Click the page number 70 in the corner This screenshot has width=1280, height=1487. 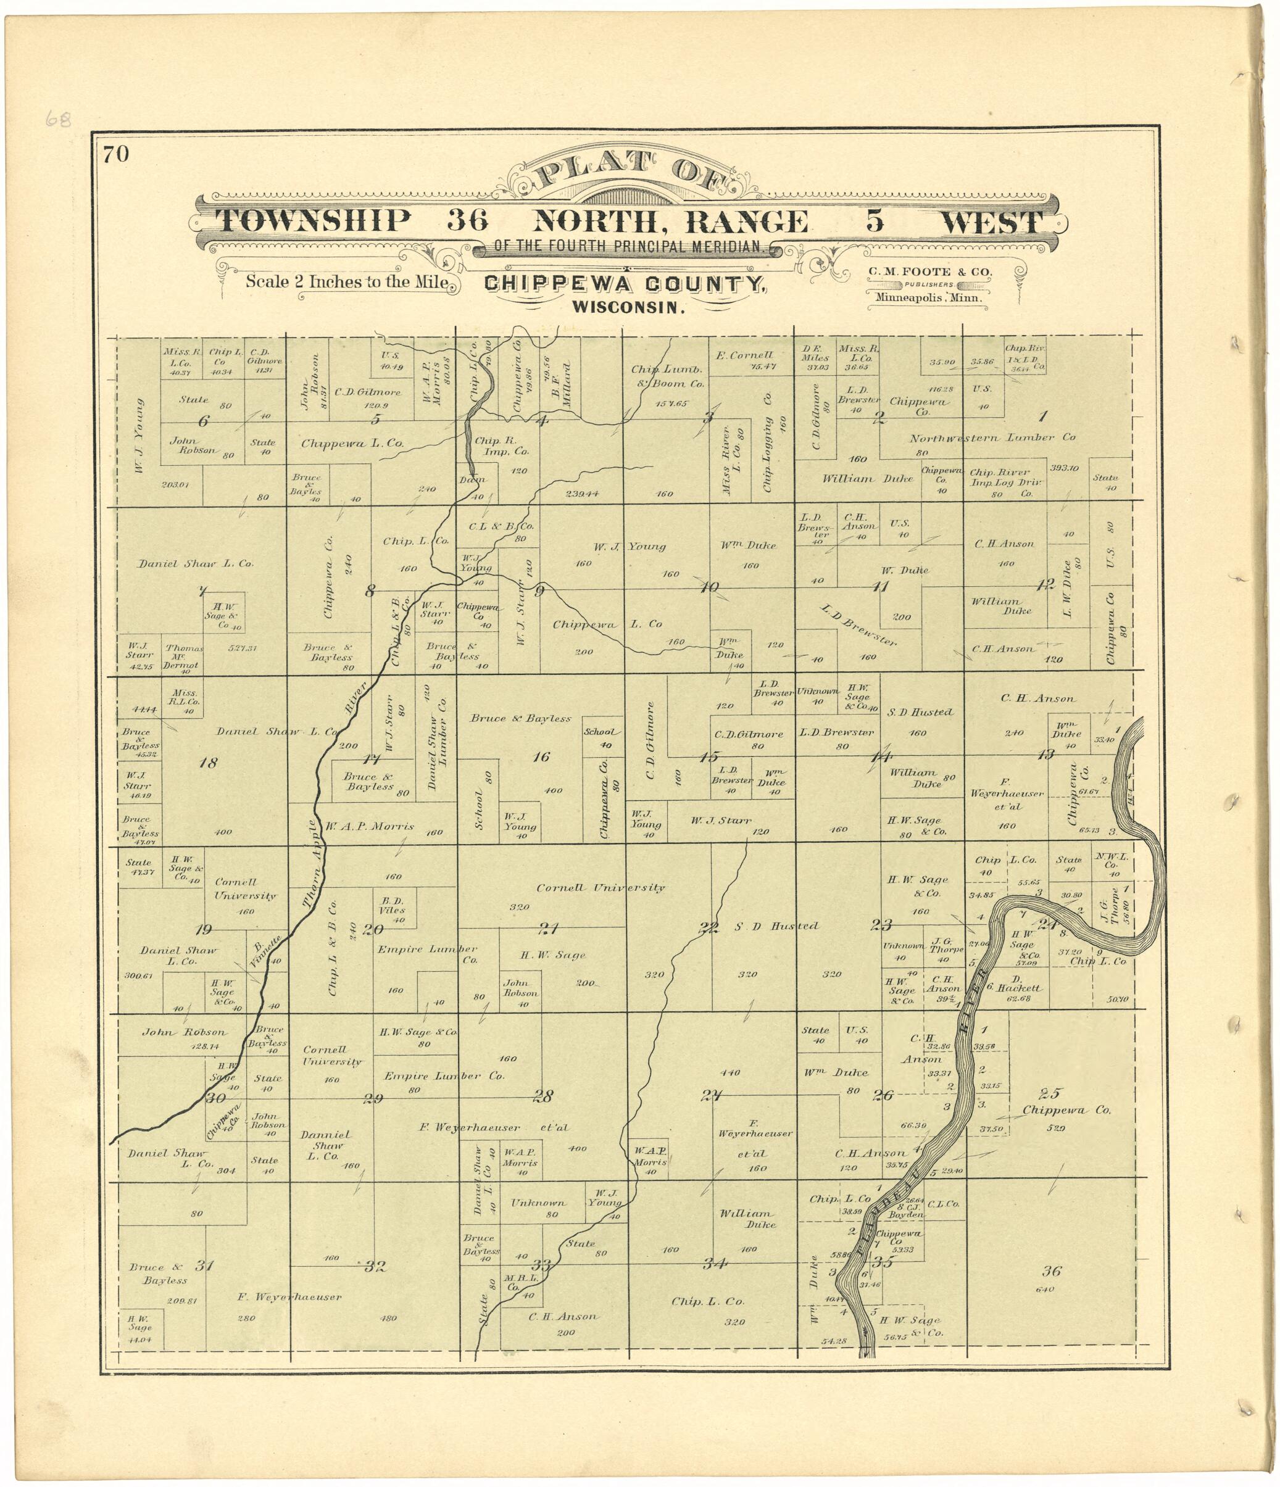coord(115,154)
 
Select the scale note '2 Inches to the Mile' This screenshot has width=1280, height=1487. coord(347,281)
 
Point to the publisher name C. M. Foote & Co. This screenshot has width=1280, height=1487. coord(929,272)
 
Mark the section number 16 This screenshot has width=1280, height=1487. coord(541,756)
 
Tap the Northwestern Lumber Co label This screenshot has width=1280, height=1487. coord(992,438)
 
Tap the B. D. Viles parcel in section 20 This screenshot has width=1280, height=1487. coord(392,906)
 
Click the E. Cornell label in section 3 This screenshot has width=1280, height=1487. coord(744,355)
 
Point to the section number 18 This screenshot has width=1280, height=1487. coord(207,762)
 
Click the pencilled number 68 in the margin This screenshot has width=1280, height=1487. coord(58,118)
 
